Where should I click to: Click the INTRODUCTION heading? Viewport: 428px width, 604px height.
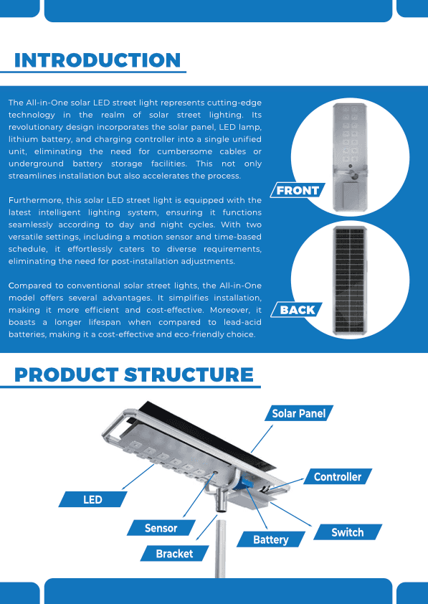tap(98, 60)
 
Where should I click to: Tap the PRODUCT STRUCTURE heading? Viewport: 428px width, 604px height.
tap(133, 374)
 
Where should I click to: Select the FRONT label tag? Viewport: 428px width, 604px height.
tap(298, 190)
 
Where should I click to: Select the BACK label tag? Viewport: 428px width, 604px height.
tap(297, 310)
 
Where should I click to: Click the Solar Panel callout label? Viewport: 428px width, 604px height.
tap(299, 413)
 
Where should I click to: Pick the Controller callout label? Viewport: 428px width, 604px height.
tap(337, 476)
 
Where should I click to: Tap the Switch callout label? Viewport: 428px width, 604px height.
tap(347, 532)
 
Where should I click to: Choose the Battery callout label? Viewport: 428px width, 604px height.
tap(271, 539)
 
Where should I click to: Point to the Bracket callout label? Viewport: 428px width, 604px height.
tap(174, 554)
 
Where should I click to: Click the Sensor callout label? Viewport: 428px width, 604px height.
tap(161, 528)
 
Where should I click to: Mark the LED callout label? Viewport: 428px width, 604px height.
tap(92, 499)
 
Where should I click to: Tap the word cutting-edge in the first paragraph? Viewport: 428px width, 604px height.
tap(234, 103)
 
